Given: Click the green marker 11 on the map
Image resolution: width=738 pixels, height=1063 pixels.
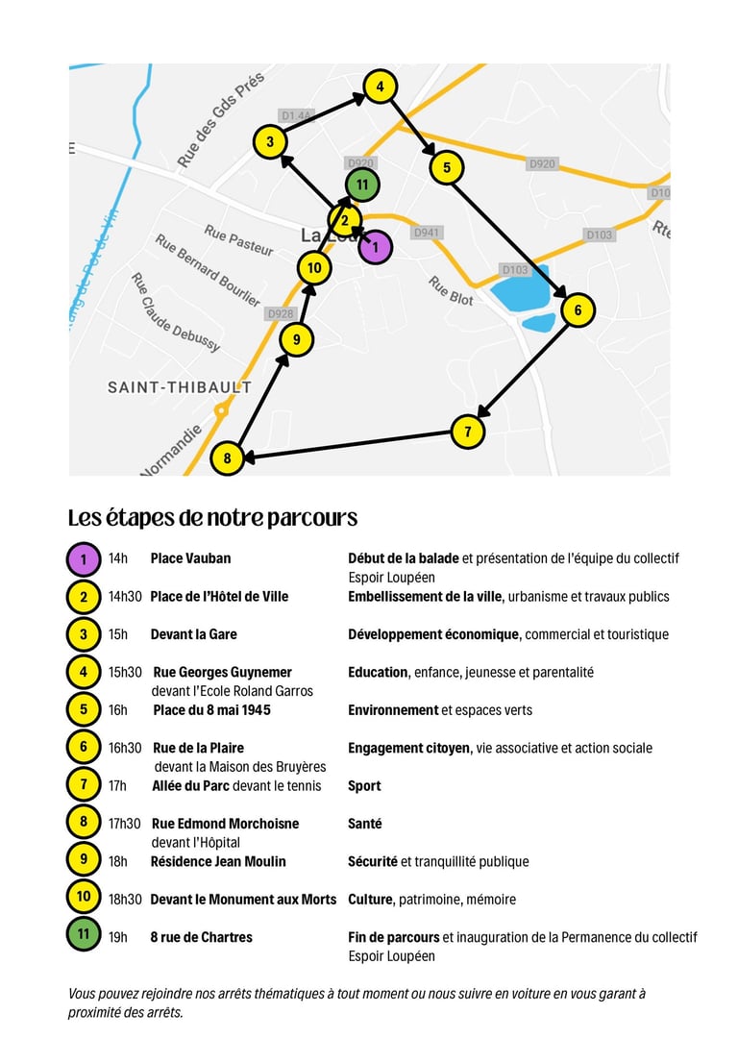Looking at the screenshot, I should click(361, 185).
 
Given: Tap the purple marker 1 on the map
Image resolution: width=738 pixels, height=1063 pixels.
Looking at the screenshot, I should click(376, 247).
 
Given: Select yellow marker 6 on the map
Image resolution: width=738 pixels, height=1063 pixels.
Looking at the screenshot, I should click(578, 310).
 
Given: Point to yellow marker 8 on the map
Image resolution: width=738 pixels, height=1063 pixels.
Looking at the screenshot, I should click(227, 458).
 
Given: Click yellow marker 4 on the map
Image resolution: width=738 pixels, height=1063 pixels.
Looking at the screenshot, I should click(381, 87).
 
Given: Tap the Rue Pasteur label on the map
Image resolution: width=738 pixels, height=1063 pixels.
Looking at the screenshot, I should click(238, 241).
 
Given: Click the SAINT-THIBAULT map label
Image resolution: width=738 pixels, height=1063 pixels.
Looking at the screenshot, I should click(180, 387).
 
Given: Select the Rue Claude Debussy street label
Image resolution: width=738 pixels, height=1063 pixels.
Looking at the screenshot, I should click(175, 311).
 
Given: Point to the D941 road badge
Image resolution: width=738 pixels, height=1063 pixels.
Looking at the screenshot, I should click(427, 233).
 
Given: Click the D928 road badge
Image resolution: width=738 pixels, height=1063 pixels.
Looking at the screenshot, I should click(281, 313).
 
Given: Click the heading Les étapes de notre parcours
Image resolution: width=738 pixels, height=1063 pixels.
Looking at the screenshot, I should click(212, 518).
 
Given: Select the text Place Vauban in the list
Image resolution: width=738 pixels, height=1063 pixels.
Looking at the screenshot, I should click(190, 558).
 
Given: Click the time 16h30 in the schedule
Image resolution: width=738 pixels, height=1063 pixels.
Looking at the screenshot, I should click(125, 748).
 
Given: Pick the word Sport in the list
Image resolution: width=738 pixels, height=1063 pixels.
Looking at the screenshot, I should click(364, 786).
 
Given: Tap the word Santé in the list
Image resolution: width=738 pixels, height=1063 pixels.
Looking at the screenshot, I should click(364, 824).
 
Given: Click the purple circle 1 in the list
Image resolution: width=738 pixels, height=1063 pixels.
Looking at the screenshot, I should click(84, 559).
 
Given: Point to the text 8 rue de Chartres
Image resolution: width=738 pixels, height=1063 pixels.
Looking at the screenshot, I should click(201, 937).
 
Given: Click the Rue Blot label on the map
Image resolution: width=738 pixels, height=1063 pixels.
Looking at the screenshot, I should click(451, 291).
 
